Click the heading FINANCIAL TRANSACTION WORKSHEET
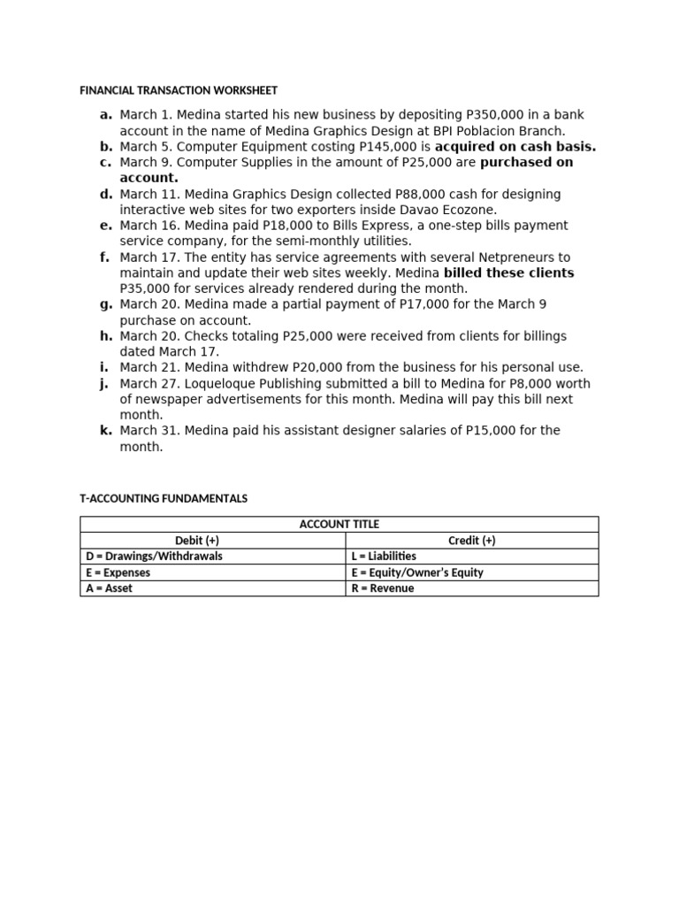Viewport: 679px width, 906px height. pyautogui.click(x=179, y=90)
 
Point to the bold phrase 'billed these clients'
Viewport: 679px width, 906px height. pyautogui.click(x=508, y=273)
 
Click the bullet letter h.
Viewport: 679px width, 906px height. pyautogui.click(x=106, y=336)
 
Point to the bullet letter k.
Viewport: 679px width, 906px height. pyautogui.click(x=106, y=431)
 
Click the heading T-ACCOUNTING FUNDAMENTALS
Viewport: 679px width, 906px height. pyautogui.click(x=164, y=499)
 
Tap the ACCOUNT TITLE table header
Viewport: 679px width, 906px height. pyautogui.click(x=339, y=525)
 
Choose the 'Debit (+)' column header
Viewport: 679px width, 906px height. pyautogui.click(x=212, y=541)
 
